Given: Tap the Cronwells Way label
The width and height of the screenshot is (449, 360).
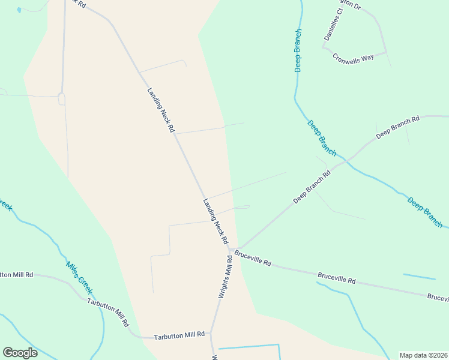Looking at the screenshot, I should (x=354, y=57).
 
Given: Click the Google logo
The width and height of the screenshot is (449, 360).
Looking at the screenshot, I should (x=20, y=353).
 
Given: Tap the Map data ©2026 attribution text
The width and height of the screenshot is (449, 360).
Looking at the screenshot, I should (x=423, y=355).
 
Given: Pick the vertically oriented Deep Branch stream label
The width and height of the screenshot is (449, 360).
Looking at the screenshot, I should (x=298, y=50).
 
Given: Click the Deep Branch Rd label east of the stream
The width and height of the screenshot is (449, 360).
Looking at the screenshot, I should (x=397, y=128).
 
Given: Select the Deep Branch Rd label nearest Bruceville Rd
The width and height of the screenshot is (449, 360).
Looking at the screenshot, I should (x=312, y=187).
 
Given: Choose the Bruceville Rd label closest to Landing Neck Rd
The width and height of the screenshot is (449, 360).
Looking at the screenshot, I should (x=253, y=259).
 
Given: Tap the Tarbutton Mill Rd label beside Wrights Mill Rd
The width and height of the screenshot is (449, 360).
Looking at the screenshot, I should (x=179, y=335).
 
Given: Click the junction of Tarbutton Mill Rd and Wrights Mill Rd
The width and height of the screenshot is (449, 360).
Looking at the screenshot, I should (x=211, y=334).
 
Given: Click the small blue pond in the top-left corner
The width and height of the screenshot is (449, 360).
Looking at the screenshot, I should (x=19, y=10).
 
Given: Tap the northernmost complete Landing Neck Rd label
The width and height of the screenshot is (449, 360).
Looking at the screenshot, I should (x=160, y=110).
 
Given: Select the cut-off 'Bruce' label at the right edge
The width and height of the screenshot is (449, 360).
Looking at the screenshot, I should (x=438, y=297).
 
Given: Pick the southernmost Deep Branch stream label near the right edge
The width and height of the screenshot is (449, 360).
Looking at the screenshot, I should (x=425, y=212).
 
